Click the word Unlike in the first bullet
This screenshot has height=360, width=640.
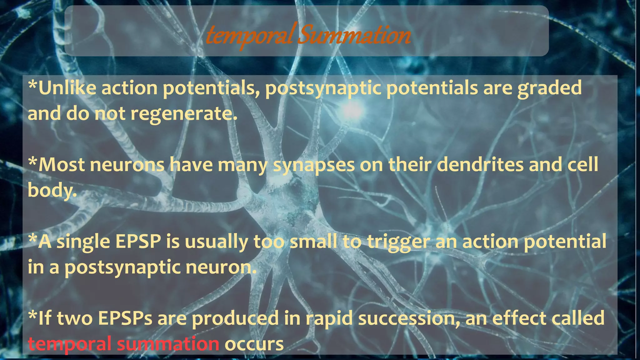67,88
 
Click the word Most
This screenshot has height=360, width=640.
61,165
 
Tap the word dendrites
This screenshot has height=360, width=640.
480,165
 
